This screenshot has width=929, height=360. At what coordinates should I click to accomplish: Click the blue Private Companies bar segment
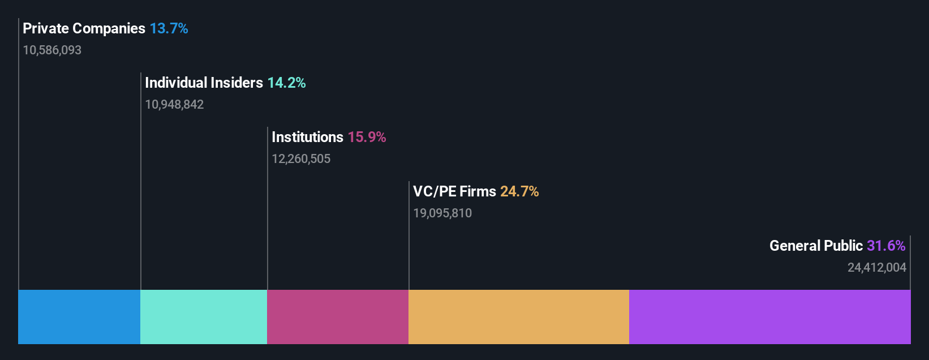click(79, 317)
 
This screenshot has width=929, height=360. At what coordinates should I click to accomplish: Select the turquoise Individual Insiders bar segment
click(204, 317)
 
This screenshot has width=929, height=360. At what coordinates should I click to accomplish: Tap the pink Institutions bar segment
click(338, 317)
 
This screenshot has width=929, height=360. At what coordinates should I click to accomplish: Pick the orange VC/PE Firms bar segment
click(518, 317)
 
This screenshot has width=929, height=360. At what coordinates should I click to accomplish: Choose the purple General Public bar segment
click(769, 317)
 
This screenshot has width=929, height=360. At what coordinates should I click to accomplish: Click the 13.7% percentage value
click(169, 28)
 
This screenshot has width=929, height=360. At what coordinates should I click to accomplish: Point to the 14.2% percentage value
click(286, 83)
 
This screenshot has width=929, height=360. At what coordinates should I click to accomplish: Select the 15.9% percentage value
click(367, 137)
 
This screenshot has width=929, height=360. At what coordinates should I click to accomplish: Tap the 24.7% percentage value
click(519, 191)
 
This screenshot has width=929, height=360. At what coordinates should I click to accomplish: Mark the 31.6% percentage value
click(886, 246)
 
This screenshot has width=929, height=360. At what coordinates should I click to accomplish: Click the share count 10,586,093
click(52, 50)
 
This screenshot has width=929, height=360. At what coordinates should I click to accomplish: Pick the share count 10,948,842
click(174, 105)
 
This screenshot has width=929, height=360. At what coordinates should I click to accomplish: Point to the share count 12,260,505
click(301, 159)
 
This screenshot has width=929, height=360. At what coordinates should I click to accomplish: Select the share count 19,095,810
click(442, 213)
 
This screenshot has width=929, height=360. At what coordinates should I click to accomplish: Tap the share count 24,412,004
click(877, 268)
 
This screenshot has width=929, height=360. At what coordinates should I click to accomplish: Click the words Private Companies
click(84, 28)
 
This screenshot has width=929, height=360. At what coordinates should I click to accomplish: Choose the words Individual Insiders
click(204, 83)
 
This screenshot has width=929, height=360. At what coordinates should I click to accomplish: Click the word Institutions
click(307, 137)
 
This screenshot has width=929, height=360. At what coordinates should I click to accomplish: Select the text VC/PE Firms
click(454, 191)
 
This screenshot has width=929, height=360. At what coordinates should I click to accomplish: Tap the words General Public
click(816, 246)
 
